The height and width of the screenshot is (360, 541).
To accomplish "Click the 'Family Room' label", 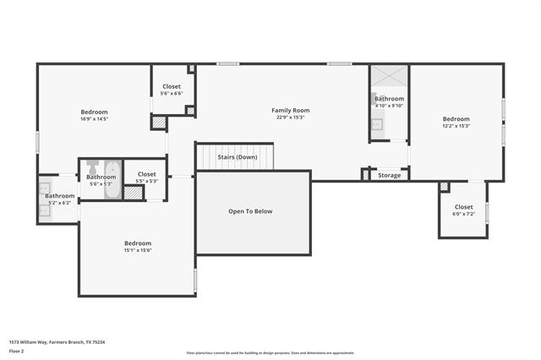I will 290,110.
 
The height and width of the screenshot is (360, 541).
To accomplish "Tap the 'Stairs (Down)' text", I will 237,157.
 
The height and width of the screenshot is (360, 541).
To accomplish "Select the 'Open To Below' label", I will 251,211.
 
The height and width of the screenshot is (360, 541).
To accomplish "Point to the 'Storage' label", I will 389,176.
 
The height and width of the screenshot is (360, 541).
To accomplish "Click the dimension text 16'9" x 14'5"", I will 94,119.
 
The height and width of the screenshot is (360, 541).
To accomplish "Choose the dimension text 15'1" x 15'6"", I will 138,250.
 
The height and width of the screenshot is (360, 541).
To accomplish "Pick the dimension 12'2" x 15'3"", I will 456,126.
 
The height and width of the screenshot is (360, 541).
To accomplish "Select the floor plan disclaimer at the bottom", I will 270,353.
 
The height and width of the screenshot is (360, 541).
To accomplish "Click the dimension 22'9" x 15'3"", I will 290,117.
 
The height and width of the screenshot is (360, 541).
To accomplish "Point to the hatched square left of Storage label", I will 365,175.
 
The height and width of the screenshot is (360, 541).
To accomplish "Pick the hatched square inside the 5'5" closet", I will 133,192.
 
